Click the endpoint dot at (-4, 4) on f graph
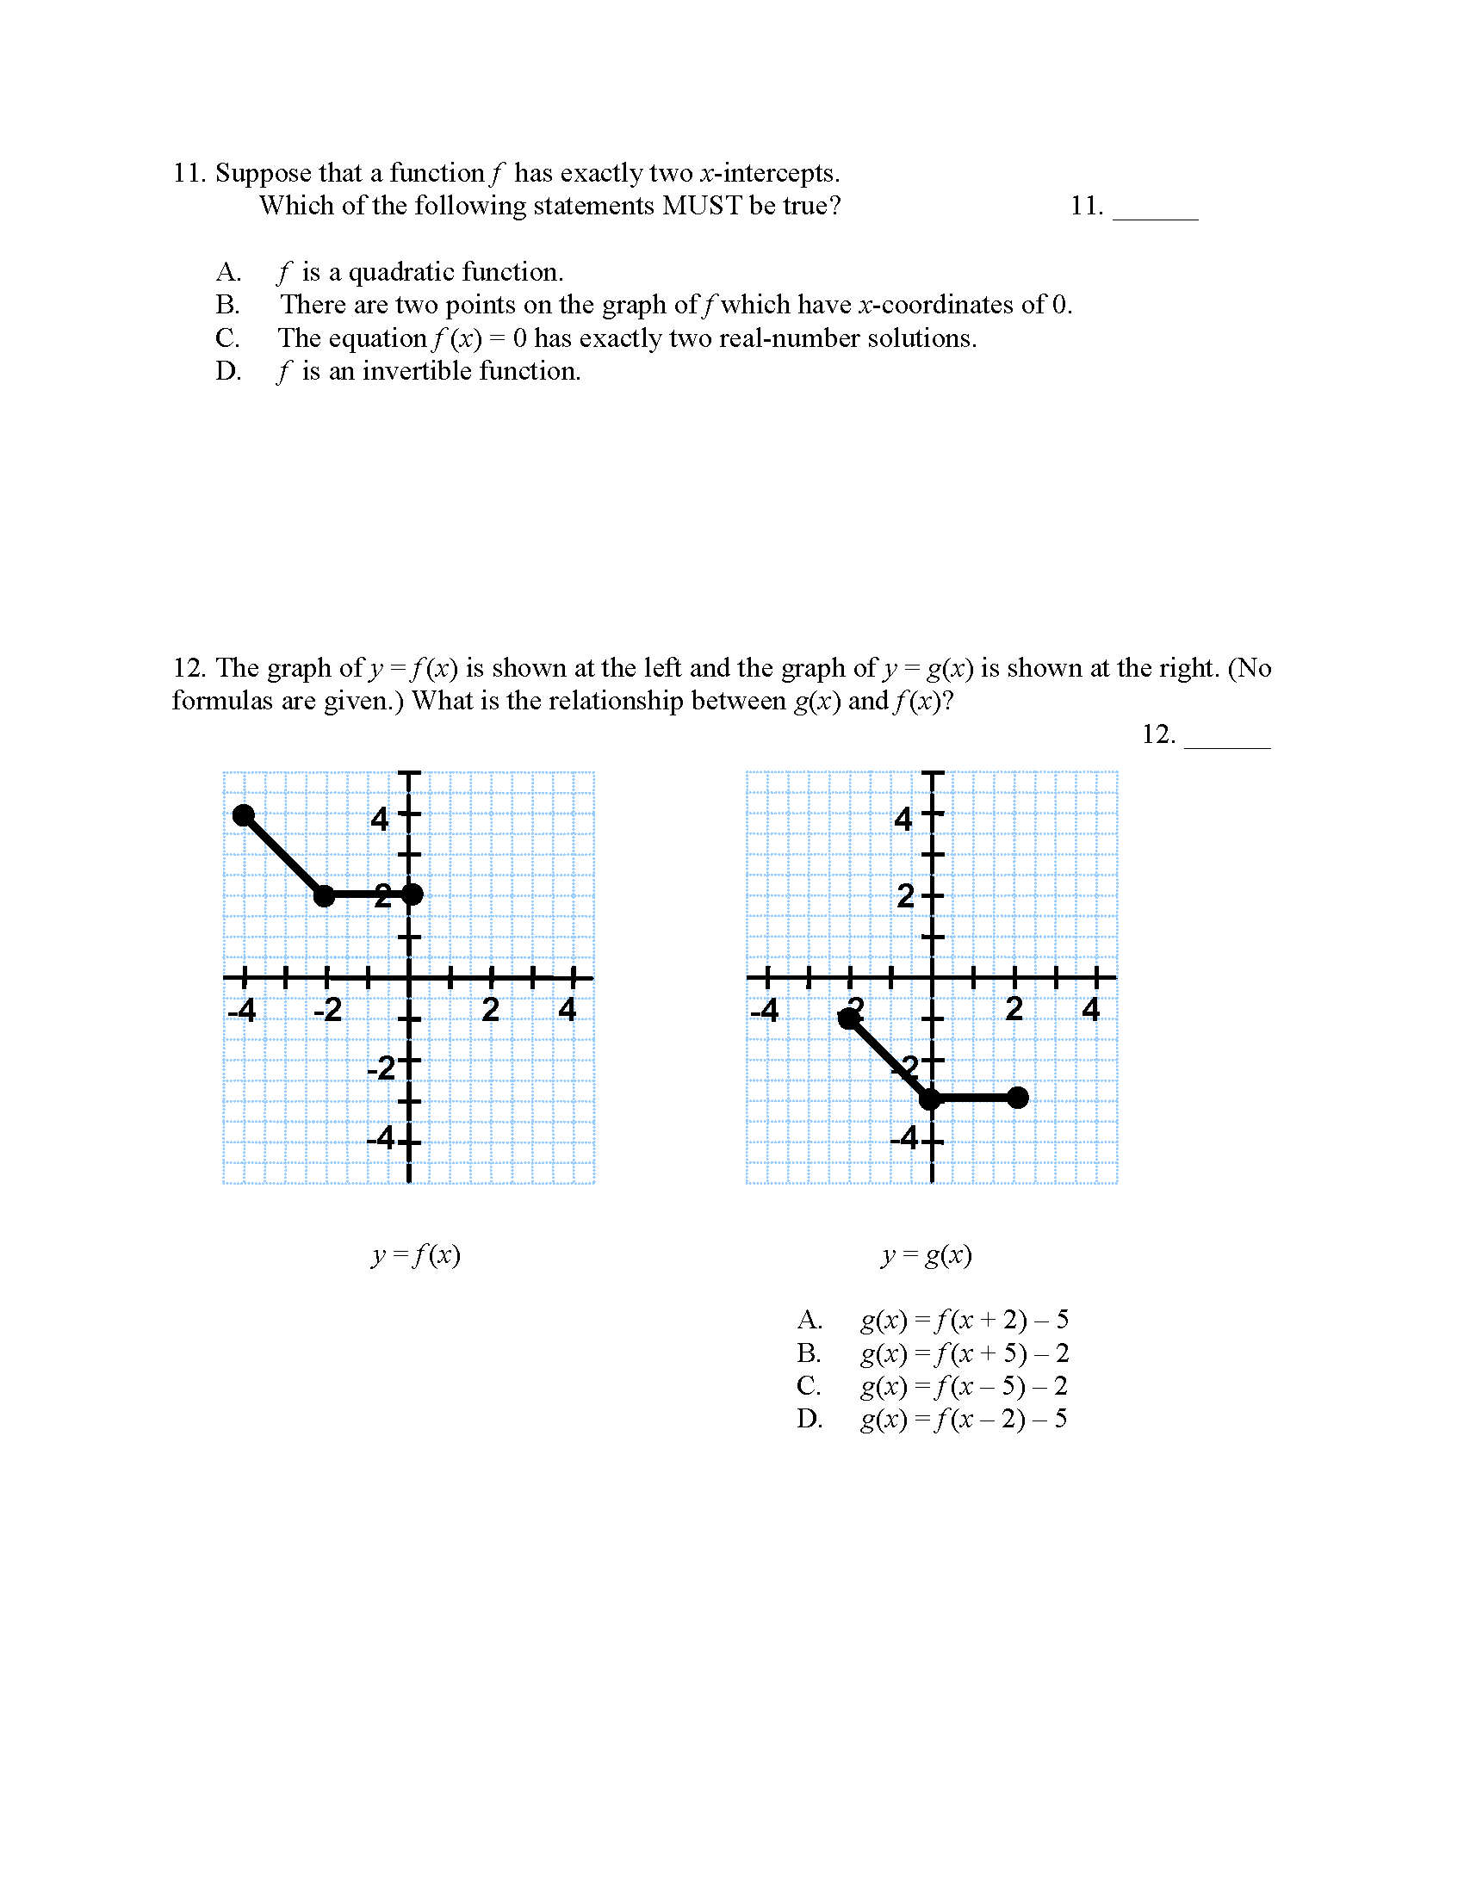click(245, 815)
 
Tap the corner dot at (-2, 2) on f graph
click(325, 895)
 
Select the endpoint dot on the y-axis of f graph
click(413, 894)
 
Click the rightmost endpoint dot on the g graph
click(1018, 1098)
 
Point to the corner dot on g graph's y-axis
click(930, 1099)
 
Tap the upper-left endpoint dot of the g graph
click(849, 1019)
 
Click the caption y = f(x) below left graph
click(415, 1255)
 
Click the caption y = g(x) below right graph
click(927, 1255)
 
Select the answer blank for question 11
click(1154, 208)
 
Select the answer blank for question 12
click(1226, 736)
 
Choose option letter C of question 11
click(227, 338)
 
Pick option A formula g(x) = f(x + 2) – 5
click(964, 1320)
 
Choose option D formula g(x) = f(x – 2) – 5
click(964, 1419)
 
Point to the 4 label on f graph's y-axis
click(380, 819)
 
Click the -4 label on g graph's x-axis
click(764, 1010)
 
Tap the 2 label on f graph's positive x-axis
click(490, 1010)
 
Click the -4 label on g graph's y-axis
click(904, 1137)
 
